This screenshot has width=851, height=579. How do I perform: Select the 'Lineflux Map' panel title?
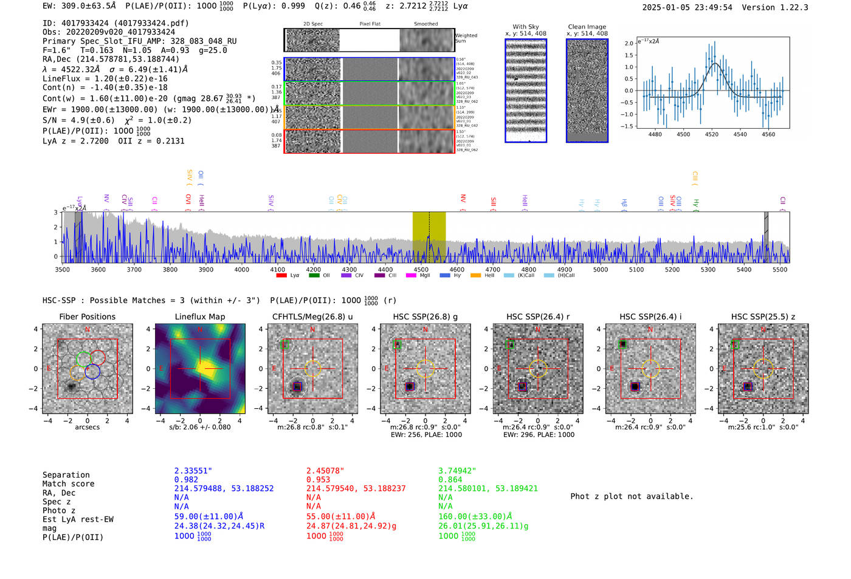[199, 317]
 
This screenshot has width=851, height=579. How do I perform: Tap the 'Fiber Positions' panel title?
[87, 317]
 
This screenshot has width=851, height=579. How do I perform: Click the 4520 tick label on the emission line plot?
[711, 134]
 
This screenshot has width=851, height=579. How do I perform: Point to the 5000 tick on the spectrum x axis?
[600, 269]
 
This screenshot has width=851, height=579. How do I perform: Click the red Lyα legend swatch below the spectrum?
[281, 276]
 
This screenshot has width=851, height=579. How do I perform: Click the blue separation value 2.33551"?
[193, 471]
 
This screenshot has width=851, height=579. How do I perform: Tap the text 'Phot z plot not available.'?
[632, 496]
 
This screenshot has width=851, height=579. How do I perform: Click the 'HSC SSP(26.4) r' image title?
[538, 317]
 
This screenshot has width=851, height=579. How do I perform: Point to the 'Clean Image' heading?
[587, 27]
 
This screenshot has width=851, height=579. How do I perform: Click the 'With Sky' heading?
[525, 27]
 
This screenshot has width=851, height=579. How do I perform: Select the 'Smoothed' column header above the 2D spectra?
[425, 24]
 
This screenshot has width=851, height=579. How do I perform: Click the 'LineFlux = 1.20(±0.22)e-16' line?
[105, 78]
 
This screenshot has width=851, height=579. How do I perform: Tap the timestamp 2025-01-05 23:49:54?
[687, 7]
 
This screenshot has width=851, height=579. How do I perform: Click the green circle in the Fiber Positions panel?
[84, 358]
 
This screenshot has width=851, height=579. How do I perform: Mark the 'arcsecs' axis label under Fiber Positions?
[87, 427]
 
